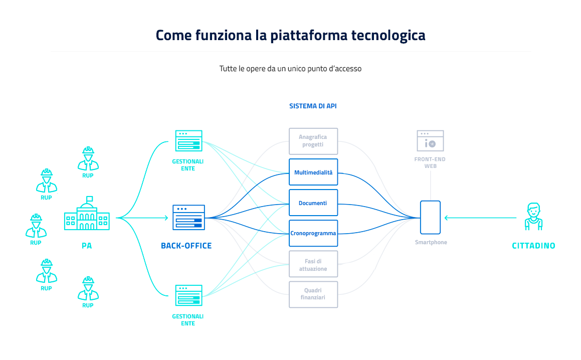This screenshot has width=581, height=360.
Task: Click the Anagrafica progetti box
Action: tap(313, 141)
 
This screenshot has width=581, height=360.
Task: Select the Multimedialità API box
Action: tap(313, 172)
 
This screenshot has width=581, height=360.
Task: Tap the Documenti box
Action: tap(313, 203)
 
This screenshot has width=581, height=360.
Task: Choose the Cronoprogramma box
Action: tap(313, 233)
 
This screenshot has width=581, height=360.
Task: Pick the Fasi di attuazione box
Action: tap(313, 264)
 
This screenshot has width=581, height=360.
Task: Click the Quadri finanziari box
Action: tap(313, 294)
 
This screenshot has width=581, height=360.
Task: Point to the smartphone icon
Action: tap(430, 218)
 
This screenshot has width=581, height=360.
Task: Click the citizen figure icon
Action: tap(533, 217)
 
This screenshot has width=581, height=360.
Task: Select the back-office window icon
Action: tap(188, 217)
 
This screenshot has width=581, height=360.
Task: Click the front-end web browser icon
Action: tap(430, 141)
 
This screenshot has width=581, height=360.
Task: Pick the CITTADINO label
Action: tap(533, 246)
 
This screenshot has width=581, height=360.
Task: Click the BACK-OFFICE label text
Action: tap(186, 246)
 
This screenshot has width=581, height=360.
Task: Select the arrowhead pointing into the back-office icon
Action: tap(165, 218)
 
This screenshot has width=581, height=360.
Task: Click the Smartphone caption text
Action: tap(431, 243)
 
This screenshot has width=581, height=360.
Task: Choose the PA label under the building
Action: tap(87, 246)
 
